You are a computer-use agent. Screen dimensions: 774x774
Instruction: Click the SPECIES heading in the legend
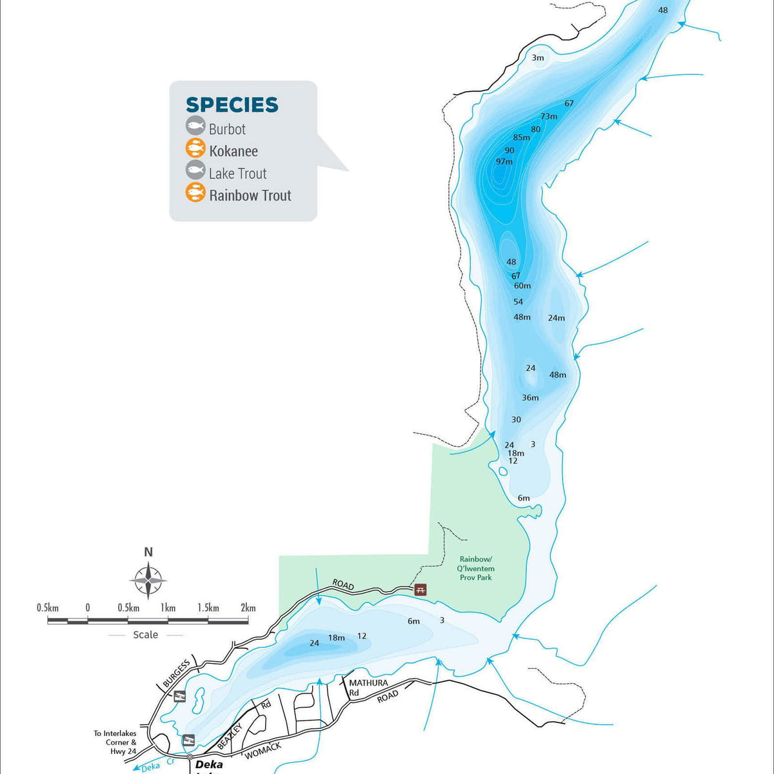pyautogui.click(x=232, y=104)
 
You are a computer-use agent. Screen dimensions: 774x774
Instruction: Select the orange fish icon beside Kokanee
pyautogui.click(x=195, y=149)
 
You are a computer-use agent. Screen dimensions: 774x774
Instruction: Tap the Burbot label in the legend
pyautogui.click(x=227, y=129)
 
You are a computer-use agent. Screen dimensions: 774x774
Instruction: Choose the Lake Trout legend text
pyautogui.click(x=237, y=174)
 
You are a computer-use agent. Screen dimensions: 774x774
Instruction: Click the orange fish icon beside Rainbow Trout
pyautogui.click(x=195, y=192)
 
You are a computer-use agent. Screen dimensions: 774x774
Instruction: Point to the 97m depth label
pyautogui.click(x=504, y=161)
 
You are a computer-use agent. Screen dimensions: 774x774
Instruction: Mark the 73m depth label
pyautogui.click(x=549, y=117)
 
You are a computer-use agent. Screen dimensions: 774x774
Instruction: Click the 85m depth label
pyautogui.click(x=521, y=137)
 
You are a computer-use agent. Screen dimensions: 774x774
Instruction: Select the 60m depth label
pyautogui.click(x=522, y=286)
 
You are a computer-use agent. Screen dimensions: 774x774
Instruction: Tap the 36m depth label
pyautogui.click(x=530, y=398)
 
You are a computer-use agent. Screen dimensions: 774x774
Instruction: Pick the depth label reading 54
pyautogui.click(x=519, y=302)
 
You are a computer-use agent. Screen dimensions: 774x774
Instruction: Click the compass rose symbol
pyautogui.click(x=148, y=580)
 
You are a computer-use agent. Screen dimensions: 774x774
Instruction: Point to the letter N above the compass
pyautogui.click(x=148, y=552)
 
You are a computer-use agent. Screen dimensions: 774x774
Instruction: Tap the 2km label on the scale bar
pyautogui.click(x=248, y=608)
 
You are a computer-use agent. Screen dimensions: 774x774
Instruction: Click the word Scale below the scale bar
pyautogui.click(x=145, y=635)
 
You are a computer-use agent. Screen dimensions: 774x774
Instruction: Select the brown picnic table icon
pyautogui.click(x=421, y=589)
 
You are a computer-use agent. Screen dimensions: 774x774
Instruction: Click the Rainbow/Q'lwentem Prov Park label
pyautogui.click(x=476, y=568)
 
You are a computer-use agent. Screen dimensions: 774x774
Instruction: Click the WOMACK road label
pyautogui.click(x=263, y=750)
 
